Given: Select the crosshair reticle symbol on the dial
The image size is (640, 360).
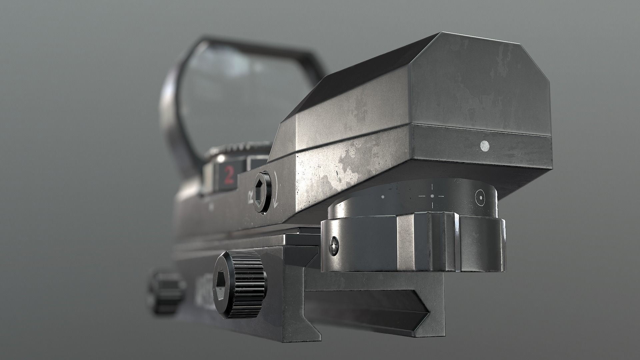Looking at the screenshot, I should pos(432,196).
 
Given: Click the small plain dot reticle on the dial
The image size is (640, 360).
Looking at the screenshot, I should pos(382,197).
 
